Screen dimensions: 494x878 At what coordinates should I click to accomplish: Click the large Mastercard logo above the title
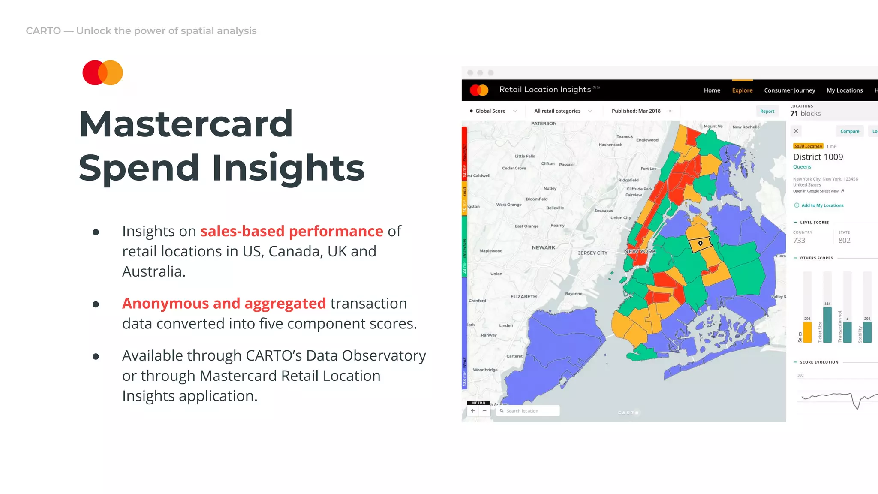pyautogui.click(x=102, y=72)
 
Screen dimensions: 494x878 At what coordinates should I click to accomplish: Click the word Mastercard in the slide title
pyautogui.click(x=186, y=124)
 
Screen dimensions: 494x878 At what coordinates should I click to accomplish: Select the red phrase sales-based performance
pyautogui.click(x=292, y=231)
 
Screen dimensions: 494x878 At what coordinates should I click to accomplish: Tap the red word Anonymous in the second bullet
pyautogui.click(x=165, y=304)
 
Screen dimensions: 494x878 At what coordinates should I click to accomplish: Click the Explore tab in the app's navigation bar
pyautogui.click(x=742, y=90)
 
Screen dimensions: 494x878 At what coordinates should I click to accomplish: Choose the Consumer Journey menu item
pyautogui.click(x=789, y=90)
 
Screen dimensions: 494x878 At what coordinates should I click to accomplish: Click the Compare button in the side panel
pyautogui.click(x=849, y=131)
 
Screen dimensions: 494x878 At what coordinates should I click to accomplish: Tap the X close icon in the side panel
pyautogui.click(x=796, y=131)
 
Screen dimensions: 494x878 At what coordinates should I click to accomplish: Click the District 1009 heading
pyautogui.click(x=818, y=157)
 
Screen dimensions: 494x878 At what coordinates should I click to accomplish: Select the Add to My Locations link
pyautogui.click(x=822, y=205)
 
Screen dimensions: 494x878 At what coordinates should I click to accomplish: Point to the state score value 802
pyautogui.click(x=844, y=241)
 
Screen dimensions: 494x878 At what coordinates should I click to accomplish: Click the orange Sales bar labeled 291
pyautogui.click(x=807, y=332)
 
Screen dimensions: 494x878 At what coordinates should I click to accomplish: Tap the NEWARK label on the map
pyautogui.click(x=543, y=247)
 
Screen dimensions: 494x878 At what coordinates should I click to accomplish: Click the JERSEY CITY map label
pyautogui.click(x=592, y=253)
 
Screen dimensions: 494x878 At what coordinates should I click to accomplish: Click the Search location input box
pyautogui.click(x=528, y=411)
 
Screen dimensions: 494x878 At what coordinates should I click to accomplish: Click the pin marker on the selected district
pyautogui.click(x=701, y=244)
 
